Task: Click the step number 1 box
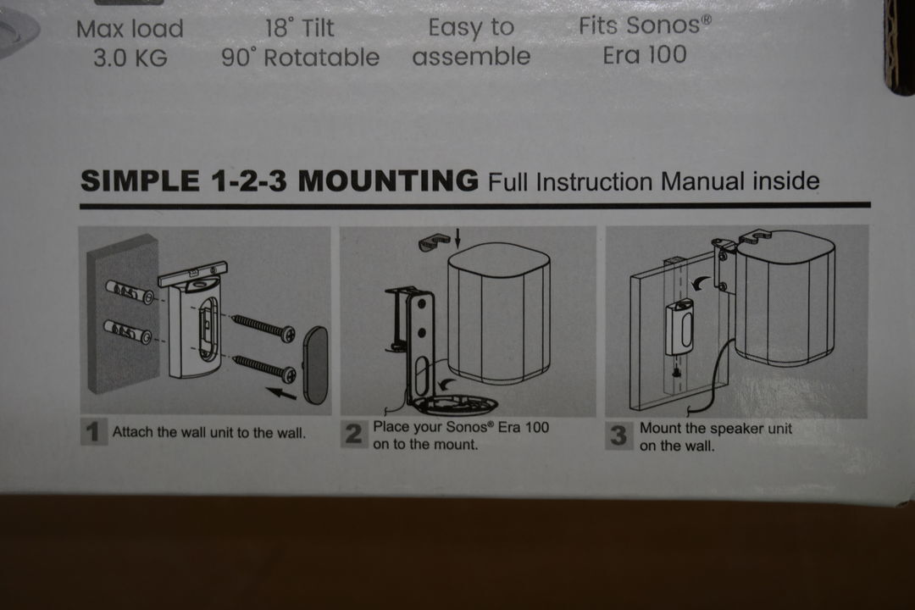pos(93,433)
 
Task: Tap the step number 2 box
pos(354,435)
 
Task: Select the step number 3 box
pos(619,435)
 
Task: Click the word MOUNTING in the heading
pos(388,180)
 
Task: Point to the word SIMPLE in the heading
pos(140,181)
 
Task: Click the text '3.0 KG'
pos(130,58)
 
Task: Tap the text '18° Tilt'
pos(300,28)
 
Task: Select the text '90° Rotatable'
pos(300,58)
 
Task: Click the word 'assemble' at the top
pos(472,57)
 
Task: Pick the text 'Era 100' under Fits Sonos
pos(645,55)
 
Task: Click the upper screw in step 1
pos(263,328)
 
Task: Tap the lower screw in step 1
pos(264,368)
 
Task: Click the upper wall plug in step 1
pos(129,291)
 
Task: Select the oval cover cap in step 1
pos(316,365)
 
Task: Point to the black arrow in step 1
pos(281,393)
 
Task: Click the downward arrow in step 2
pos(457,238)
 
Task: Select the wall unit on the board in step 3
pos(679,327)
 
